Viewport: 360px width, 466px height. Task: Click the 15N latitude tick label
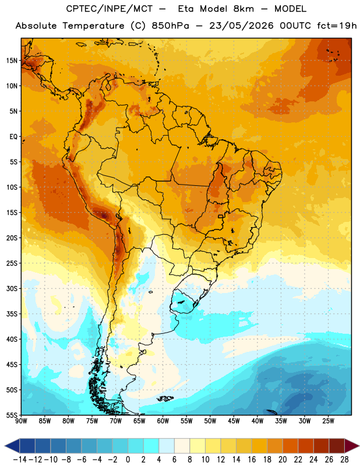(x=12, y=61)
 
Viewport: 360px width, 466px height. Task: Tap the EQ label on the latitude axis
(x=13, y=137)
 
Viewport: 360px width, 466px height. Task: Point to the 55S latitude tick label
(x=12, y=415)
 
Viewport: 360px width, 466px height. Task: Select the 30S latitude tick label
(x=12, y=288)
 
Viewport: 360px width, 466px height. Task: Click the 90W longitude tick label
(x=21, y=421)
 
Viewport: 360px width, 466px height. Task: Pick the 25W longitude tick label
(x=328, y=421)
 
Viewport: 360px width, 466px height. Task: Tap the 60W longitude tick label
(x=163, y=421)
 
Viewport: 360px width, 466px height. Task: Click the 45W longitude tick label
(x=234, y=421)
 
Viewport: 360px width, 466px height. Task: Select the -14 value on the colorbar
(x=20, y=460)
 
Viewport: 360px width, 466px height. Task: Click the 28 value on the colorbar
(x=344, y=460)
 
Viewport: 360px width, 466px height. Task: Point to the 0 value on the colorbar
(x=128, y=460)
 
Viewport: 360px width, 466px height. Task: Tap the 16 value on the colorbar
(x=252, y=460)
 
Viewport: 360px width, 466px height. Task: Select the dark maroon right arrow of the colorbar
(x=352, y=446)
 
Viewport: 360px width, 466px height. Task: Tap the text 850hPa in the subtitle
(x=170, y=26)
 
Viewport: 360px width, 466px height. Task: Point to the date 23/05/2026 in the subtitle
(x=241, y=26)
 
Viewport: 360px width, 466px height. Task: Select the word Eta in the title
(x=186, y=9)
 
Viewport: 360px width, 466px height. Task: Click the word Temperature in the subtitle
(x=93, y=26)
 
